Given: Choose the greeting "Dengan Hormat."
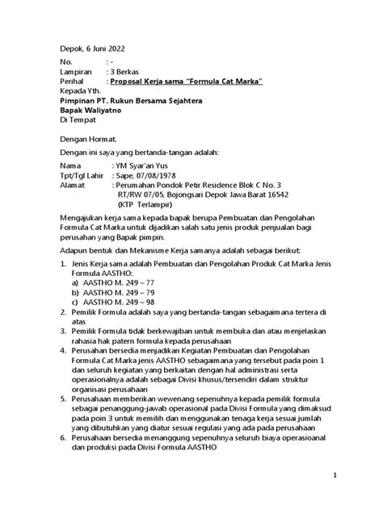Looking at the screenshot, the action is tap(91, 139).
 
